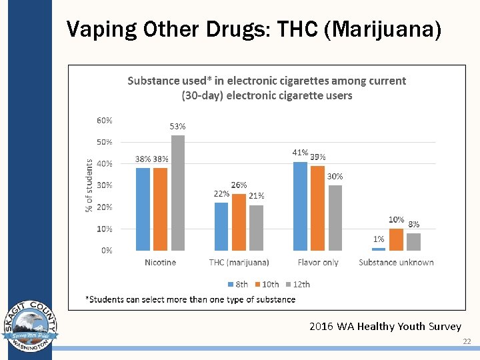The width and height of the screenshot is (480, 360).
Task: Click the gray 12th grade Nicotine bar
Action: [x=178, y=193]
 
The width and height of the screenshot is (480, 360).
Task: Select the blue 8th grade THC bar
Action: [x=221, y=227]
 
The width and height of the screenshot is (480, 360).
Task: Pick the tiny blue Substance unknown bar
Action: [x=379, y=249]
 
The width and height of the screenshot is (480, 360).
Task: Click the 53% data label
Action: [x=177, y=126]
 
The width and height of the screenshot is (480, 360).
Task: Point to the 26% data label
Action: [x=239, y=185]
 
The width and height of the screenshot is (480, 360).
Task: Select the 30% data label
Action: [x=335, y=177]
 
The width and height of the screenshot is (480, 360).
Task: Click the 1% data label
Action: [x=379, y=239]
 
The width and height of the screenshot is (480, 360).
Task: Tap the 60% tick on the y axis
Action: [x=105, y=121]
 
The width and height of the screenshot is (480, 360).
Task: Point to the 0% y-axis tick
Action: [x=107, y=251]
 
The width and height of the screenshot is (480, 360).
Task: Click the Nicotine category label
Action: [x=160, y=263]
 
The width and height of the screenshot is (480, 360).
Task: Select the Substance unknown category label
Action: [x=396, y=263]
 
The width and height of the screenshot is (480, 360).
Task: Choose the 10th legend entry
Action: [x=266, y=284]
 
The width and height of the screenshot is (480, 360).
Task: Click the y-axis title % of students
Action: [x=89, y=185]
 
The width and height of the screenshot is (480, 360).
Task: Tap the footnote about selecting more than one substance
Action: [x=190, y=299]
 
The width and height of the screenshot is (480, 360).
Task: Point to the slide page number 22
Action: [x=467, y=342]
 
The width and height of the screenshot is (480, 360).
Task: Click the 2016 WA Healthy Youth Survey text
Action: [x=385, y=327]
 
